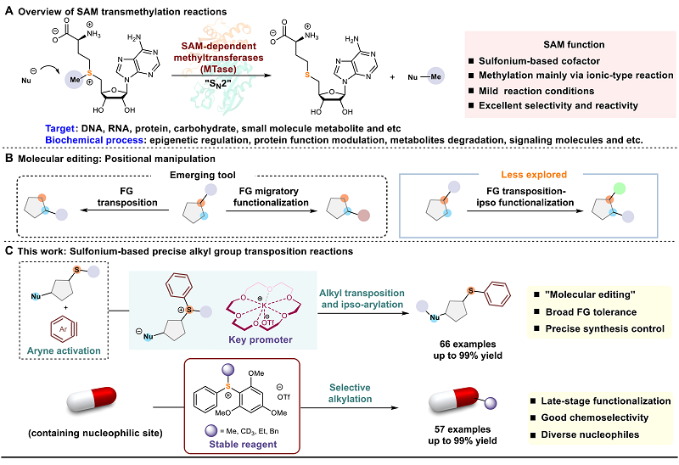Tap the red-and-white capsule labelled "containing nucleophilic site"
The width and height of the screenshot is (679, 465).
[92, 400]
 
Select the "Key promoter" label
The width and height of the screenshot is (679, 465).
[261, 340]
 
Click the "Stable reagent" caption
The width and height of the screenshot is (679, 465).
[243, 445]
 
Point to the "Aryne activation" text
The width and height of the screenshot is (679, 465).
[64, 350]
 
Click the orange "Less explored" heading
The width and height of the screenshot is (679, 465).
[534, 175]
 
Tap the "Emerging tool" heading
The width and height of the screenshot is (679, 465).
[203, 175]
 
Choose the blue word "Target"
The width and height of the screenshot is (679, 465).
[60, 129]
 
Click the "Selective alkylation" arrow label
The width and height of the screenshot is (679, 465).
[350, 393]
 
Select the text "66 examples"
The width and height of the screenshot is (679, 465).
[468, 345]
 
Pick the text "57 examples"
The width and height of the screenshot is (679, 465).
[463, 429]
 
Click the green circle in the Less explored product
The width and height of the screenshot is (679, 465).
[620, 188]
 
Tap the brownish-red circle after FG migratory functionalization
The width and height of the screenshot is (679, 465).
[364, 216]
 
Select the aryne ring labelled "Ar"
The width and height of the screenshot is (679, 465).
[63, 329]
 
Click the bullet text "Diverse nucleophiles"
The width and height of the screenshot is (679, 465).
[590, 434]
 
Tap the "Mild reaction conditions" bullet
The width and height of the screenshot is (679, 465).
[536, 91]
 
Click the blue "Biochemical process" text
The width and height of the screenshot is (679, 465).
[94, 140]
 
